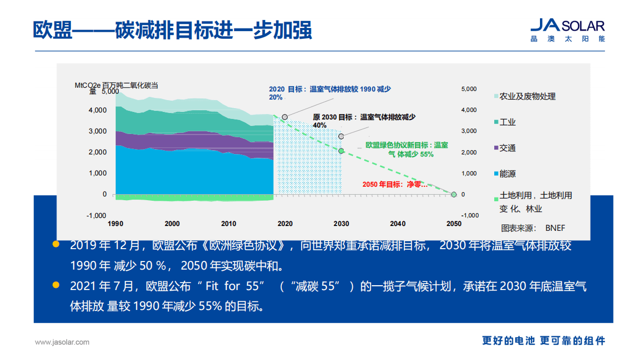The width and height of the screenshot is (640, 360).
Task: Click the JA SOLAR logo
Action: [x=567, y=30]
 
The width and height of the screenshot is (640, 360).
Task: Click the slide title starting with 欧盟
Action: [x=172, y=30]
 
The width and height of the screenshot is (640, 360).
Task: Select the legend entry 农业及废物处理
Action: [x=527, y=96]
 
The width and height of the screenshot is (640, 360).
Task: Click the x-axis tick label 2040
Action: [x=397, y=224]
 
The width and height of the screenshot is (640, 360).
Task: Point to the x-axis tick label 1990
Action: [x=116, y=224]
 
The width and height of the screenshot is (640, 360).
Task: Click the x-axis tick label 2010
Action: [x=229, y=224]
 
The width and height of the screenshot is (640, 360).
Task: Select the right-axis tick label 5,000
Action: [x=469, y=89]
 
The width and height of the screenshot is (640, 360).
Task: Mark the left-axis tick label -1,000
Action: [x=97, y=215]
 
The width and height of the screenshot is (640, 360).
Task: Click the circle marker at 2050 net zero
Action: [x=453, y=194]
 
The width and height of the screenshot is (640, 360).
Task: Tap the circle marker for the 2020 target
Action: [x=285, y=117]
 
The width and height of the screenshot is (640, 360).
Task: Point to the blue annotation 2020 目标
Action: [x=329, y=93]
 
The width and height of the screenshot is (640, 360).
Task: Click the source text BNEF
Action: [x=555, y=228]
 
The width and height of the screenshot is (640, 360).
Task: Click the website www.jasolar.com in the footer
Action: [x=62, y=342]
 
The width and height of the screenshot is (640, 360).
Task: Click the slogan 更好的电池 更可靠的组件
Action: [x=543, y=341]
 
